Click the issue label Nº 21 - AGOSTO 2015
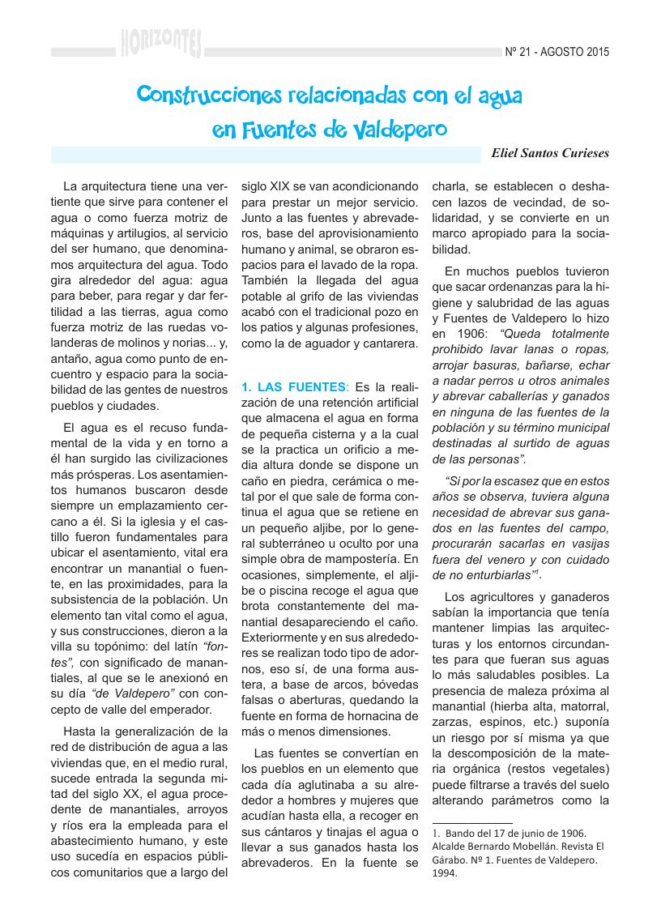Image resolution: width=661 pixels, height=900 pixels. pos(557,53)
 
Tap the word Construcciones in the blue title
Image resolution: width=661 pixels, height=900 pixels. pos(206,95)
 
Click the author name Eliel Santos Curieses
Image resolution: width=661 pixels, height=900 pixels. pos(550,152)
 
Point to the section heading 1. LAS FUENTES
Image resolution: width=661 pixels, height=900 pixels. pos(292,386)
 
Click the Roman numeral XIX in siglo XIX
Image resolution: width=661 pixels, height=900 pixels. pos(295,185)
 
